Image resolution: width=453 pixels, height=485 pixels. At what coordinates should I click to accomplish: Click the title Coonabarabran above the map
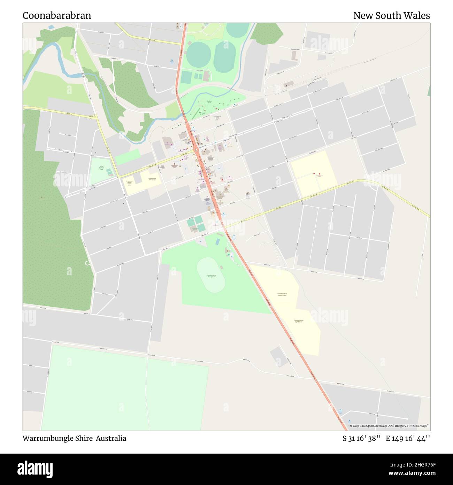coord(57,16)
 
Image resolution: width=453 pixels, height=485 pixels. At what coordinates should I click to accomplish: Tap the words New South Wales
coord(391,16)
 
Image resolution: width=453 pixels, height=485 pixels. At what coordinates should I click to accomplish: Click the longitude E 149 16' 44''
coord(408,438)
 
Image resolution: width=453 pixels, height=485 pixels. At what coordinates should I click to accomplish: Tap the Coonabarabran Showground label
coord(211,276)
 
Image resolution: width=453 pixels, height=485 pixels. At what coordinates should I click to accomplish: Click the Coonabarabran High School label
coord(298,321)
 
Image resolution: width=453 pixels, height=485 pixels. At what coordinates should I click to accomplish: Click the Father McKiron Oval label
coord(101,167)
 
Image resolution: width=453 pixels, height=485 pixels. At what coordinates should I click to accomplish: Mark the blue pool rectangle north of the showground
coord(218,241)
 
